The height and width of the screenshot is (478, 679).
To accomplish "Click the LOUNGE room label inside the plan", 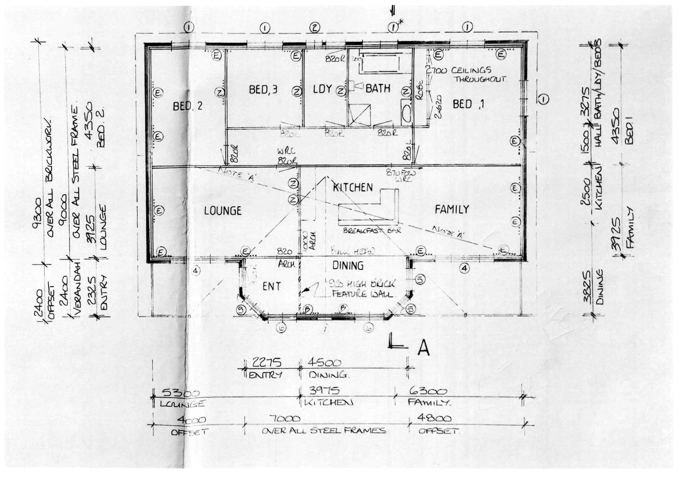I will (223, 211).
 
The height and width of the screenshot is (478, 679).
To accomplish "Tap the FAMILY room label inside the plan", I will (451, 209).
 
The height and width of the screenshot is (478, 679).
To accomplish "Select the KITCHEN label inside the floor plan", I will (352, 187).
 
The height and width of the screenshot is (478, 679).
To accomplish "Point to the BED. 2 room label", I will (188, 106).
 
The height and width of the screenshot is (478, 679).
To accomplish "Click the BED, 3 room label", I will (263, 90).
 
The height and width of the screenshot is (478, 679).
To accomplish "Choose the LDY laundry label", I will (322, 89).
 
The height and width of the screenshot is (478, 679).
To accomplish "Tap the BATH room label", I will (378, 89).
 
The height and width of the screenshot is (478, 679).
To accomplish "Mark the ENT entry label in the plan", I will (271, 286).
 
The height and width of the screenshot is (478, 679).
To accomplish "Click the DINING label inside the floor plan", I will (348, 266).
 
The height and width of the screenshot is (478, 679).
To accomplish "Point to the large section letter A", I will (423, 348).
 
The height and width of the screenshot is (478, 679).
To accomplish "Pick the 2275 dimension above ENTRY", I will (266, 362).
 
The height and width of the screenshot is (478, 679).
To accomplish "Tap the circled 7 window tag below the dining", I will (325, 329).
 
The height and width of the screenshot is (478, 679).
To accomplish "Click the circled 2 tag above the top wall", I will (314, 27).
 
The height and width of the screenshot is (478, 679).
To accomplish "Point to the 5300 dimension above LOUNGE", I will (181, 393).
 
